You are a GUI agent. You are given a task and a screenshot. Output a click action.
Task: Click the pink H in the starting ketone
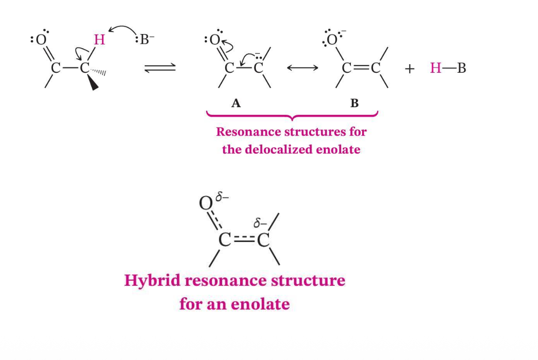pyautogui.click(x=99, y=40)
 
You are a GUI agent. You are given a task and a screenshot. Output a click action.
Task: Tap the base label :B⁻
pyautogui.click(x=145, y=39)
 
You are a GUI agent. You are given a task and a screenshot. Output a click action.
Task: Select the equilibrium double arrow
pyautogui.click(x=160, y=68)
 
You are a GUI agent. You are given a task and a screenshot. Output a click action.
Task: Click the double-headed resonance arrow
pyautogui.click(x=303, y=68)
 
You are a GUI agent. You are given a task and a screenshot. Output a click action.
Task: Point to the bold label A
pyautogui.click(x=236, y=103)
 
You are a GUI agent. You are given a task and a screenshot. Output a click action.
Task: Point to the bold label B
pyautogui.click(x=355, y=103)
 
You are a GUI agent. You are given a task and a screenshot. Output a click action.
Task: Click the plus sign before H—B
pyautogui.click(x=409, y=69)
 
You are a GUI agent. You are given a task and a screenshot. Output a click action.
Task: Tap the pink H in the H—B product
pyautogui.click(x=436, y=68)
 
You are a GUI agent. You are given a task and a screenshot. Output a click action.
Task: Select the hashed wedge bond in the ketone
pyautogui.click(x=98, y=71)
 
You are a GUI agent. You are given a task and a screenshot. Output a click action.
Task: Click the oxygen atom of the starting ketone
pyautogui.click(x=41, y=40)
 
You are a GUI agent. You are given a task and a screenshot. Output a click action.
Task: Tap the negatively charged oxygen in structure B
pyautogui.click(x=332, y=40)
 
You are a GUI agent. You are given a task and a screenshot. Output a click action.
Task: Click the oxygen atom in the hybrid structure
pyautogui.click(x=206, y=203)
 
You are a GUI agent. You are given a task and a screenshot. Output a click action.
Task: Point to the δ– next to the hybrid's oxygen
pyautogui.click(x=222, y=197)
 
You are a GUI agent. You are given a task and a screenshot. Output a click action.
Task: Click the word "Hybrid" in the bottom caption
pyautogui.click(x=152, y=281)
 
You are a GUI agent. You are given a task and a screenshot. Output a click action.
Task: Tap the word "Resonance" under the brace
pyautogui.click(x=246, y=132)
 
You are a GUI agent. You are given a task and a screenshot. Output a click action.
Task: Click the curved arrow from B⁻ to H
pyautogui.click(x=122, y=30)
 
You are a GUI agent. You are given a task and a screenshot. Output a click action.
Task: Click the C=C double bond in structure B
pyautogui.click(x=361, y=68)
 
